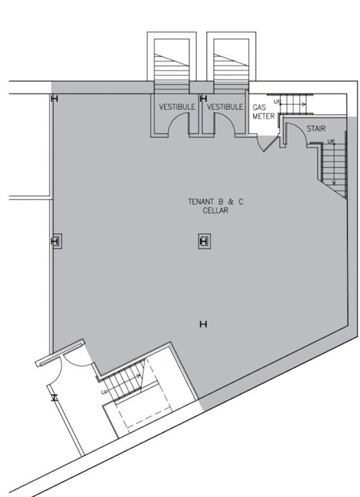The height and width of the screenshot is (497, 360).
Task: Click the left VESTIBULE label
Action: click(x=177, y=107)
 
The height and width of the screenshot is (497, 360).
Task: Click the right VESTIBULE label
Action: click(x=225, y=107)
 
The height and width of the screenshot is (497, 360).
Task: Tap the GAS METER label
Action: click(x=263, y=112)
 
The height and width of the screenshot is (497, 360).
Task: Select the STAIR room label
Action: click(x=316, y=129)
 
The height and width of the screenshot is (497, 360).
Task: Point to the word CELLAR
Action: click(x=216, y=211)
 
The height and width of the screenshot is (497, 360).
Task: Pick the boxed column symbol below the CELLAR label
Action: click(x=204, y=242)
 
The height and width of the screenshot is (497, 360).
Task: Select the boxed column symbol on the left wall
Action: click(x=55, y=242)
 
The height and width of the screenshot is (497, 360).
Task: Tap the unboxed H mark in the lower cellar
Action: click(x=204, y=324)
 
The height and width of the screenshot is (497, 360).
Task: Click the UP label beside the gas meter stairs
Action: click(x=276, y=102)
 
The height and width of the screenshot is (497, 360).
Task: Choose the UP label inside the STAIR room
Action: click(x=331, y=141)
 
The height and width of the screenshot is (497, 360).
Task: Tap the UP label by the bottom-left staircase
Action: click(x=104, y=392)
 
